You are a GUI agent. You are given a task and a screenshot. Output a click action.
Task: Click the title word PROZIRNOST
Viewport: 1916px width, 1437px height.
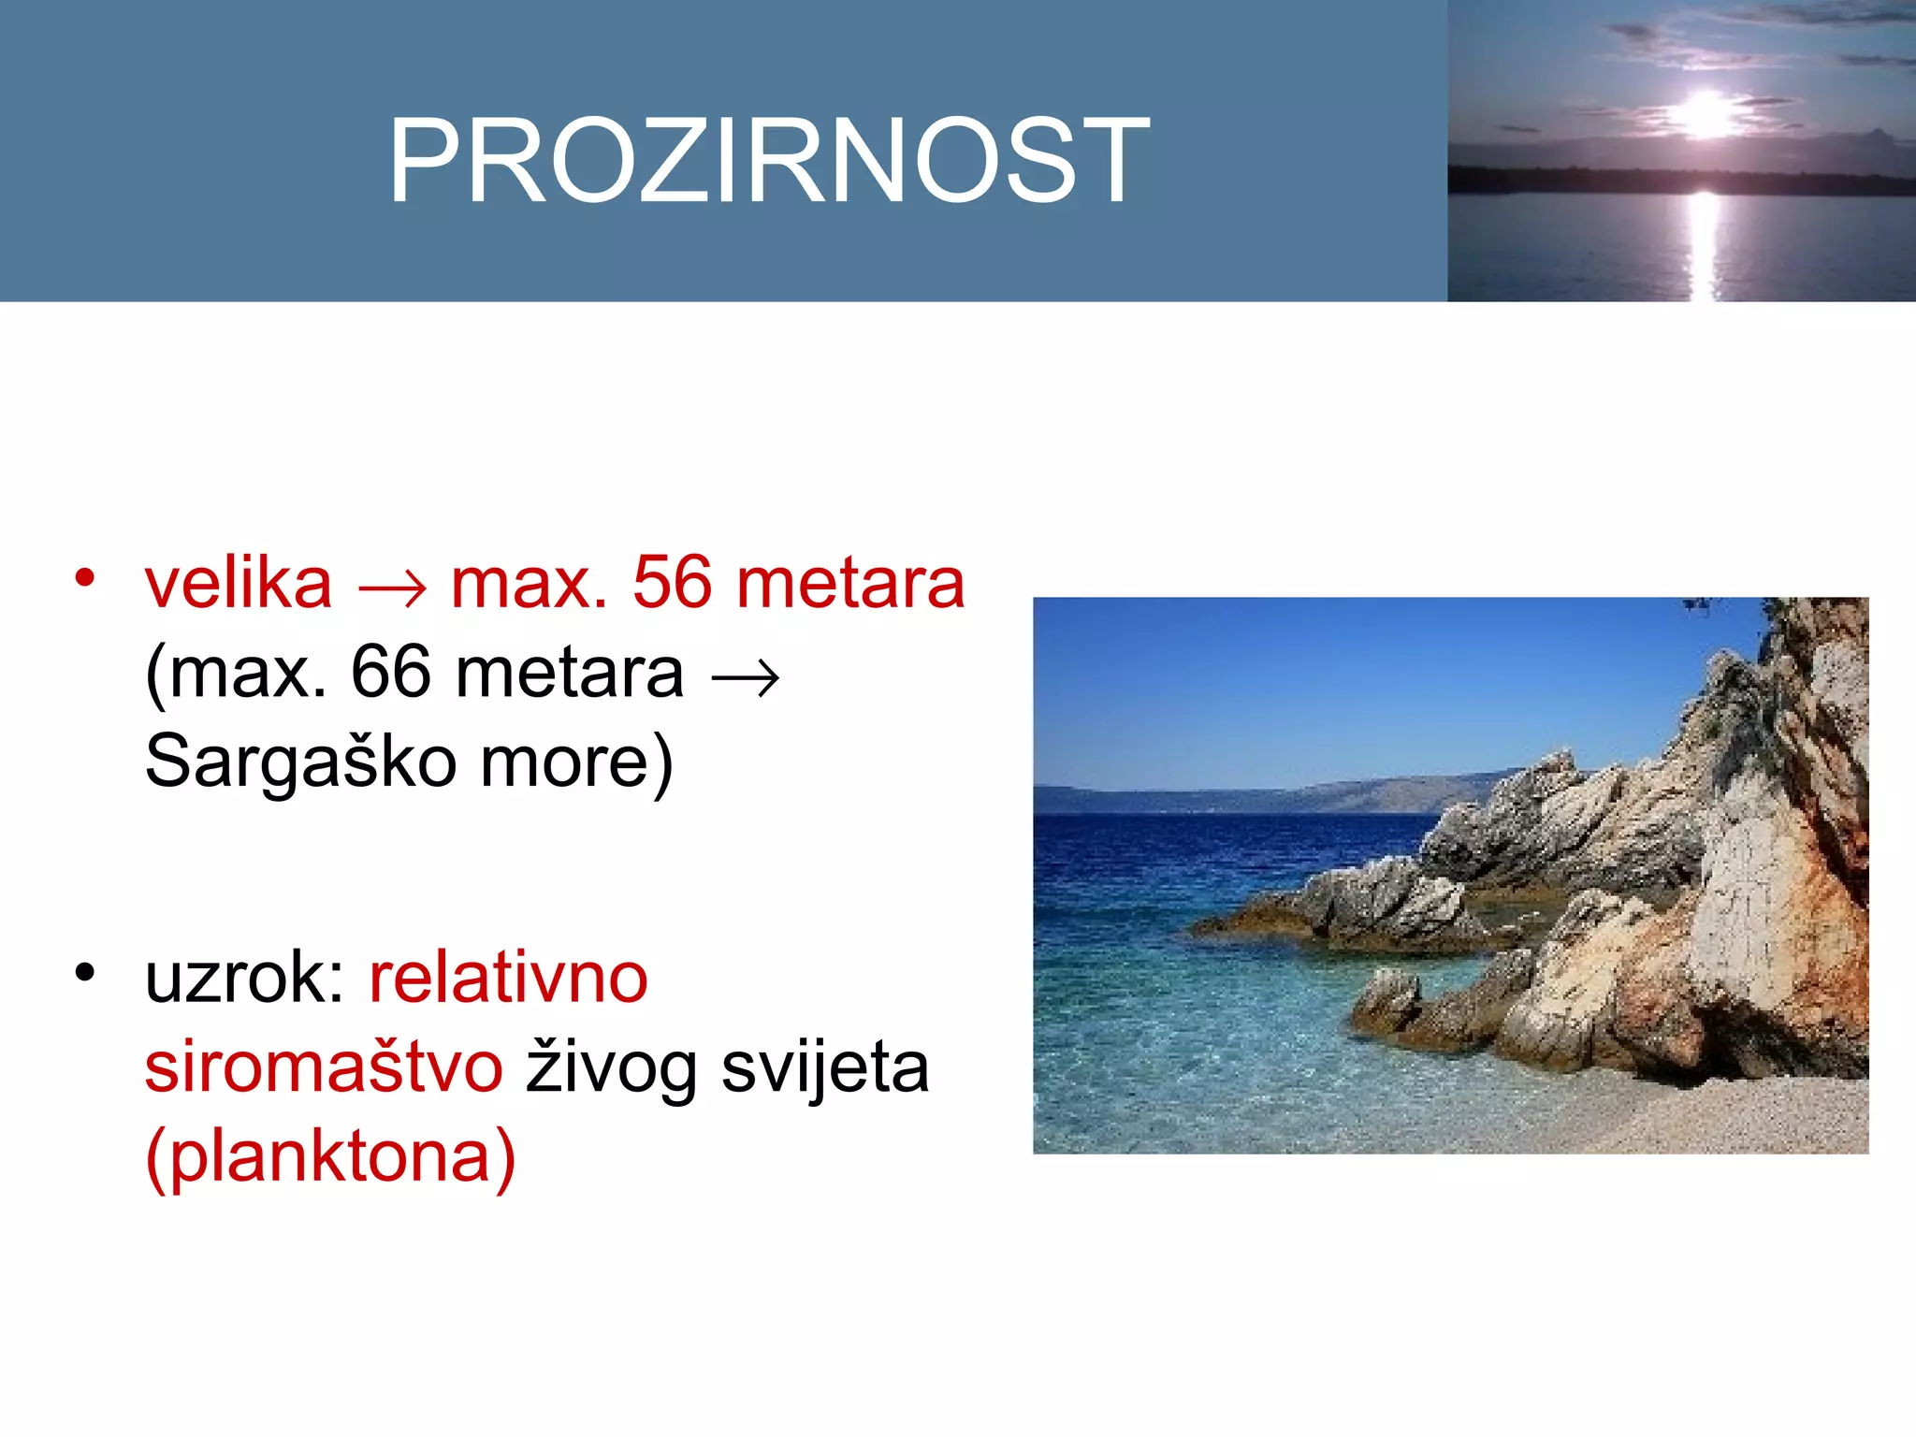tap(769, 160)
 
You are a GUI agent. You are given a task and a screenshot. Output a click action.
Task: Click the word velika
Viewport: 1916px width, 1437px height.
tap(239, 584)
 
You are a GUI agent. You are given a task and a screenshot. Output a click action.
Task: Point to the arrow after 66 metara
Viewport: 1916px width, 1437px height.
tap(745, 677)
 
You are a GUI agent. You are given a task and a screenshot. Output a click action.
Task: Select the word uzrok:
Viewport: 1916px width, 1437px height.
tap(245, 979)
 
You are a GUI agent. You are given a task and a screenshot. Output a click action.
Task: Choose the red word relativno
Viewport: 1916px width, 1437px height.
tap(508, 979)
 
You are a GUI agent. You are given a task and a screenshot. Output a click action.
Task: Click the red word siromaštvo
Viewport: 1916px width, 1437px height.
tap(324, 1067)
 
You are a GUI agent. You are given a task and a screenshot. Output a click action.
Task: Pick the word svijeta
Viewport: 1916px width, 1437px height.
tap(825, 1067)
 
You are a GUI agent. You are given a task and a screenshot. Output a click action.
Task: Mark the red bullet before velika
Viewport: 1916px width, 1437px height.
tap(85, 577)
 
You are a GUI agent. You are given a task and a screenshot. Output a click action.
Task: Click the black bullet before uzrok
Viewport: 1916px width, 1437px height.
tap(85, 973)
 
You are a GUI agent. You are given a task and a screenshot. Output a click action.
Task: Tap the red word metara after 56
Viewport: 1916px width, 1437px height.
tap(850, 584)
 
